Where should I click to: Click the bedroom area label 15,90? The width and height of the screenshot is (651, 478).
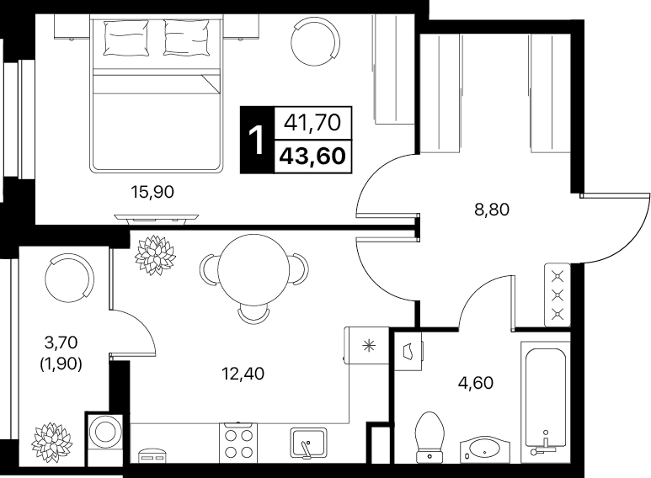coord(152,192)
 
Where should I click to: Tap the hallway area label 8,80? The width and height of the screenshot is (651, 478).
coord(492,210)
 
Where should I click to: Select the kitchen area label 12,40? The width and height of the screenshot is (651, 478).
coord(243,374)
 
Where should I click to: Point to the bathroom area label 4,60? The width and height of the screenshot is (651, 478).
coord(475,383)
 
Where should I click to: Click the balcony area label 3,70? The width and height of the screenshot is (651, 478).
coord(61,343)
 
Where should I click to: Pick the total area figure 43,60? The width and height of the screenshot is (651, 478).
coord(312,157)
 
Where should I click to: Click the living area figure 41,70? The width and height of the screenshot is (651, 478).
coord(312,123)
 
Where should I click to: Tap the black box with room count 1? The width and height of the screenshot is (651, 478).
coord(257,140)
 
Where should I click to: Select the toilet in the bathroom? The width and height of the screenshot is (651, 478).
coord(430,437)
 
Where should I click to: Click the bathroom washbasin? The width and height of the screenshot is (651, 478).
coord(485,449)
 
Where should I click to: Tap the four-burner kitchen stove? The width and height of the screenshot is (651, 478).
coord(238,443)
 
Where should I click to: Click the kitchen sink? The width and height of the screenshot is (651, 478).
coord(308,443)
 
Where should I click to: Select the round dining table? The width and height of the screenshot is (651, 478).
coord(253,269)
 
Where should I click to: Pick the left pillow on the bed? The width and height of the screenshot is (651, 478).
coord(126,38)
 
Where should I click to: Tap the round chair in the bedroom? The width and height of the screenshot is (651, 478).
coord(316,41)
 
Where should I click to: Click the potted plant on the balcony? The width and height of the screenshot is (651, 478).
coord(51,443)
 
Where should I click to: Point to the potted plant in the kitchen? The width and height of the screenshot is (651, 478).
coord(155,255)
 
